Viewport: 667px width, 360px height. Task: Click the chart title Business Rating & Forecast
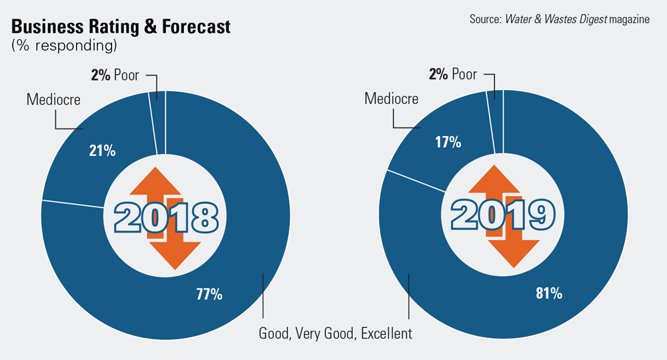(x=121, y=27)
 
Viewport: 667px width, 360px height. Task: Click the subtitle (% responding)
(x=64, y=46)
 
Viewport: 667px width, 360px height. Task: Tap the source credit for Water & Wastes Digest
(x=559, y=19)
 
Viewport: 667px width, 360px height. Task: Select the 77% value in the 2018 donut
(x=209, y=293)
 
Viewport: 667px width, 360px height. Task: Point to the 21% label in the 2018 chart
(x=103, y=151)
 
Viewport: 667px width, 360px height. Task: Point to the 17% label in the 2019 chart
(x=448, y=142)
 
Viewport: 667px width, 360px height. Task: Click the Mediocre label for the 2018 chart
(x=53, y=100)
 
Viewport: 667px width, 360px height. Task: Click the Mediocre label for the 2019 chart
(x=392, y=99)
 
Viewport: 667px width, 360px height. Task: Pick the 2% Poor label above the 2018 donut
(x=115, y=75)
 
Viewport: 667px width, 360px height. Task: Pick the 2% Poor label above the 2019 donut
(x=453, y=74)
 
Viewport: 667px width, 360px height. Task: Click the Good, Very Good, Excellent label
(x=336, y=333)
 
